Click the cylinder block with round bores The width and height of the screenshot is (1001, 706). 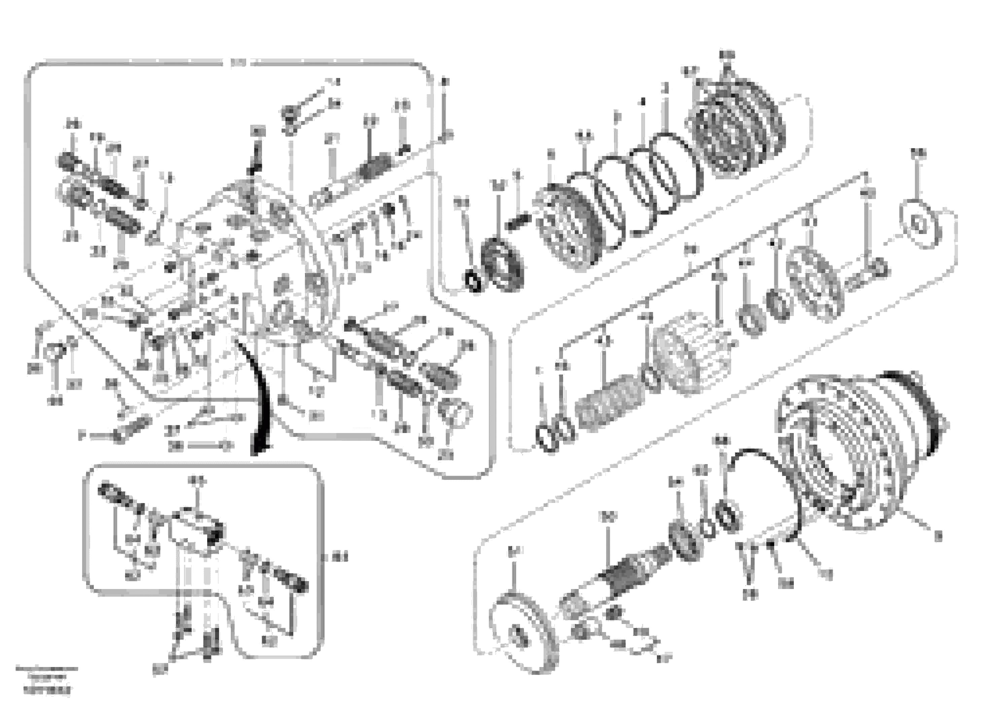point(693,352)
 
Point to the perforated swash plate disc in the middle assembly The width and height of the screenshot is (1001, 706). point(814,283)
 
